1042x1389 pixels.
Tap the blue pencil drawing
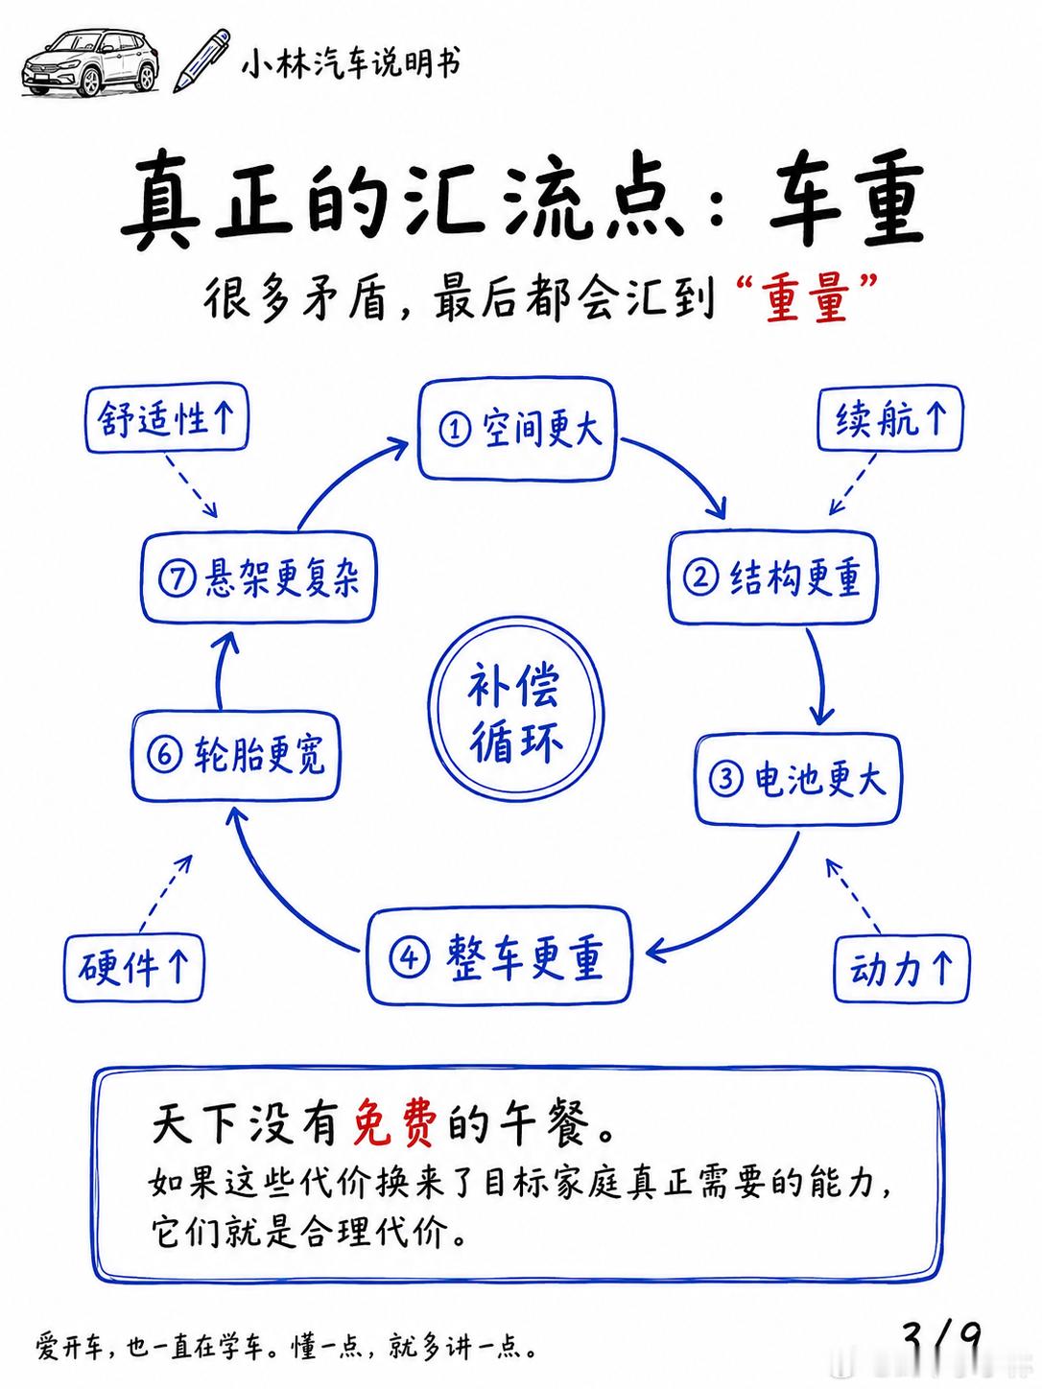(201, 60)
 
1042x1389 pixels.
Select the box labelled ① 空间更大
(515, 429)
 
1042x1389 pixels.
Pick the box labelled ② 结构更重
(773, 577)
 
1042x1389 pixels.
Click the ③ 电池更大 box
(797, 779)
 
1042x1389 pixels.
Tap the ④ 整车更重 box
(499, 956)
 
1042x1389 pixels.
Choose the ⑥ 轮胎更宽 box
(235, 755)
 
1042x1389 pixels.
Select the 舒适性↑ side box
(167, 418)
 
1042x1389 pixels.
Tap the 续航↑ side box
(890, 418)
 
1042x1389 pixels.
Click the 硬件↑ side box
(133, 968)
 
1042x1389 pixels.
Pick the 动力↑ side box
(901, 969)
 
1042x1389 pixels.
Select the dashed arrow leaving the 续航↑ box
(853, 484)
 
